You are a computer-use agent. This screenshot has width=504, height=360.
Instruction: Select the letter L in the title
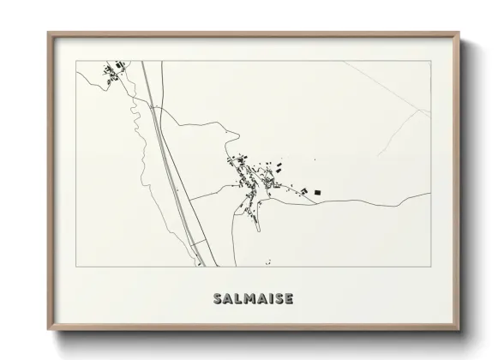[236, 299]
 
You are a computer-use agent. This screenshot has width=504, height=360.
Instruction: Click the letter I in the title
[269, 299]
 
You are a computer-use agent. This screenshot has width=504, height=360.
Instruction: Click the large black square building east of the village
[315, 192]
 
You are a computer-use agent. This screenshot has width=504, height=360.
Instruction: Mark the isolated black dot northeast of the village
[315, 160]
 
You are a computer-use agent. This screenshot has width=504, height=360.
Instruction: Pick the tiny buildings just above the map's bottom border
[268, 261]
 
